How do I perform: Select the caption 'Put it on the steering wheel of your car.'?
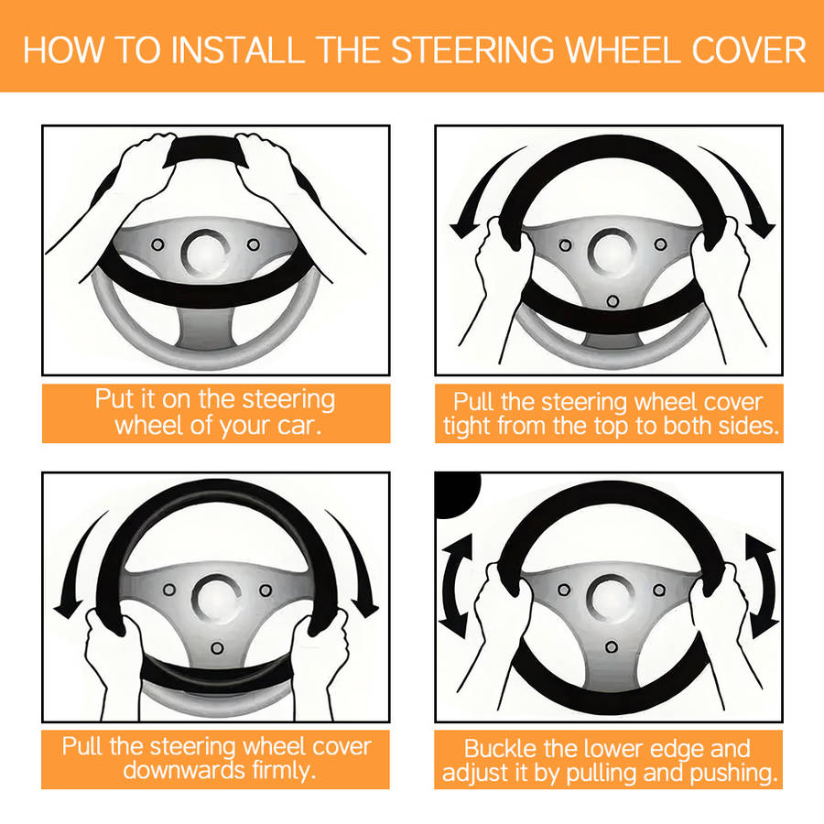pos(216,413)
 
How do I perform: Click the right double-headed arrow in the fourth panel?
pos(761,586)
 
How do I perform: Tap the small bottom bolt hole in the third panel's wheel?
pos(217,648)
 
